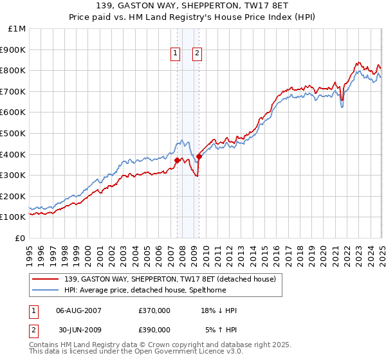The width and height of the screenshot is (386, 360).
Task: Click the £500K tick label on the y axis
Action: click(x=13, y=133)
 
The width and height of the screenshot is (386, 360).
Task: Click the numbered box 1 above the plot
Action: click(x=175, y=54)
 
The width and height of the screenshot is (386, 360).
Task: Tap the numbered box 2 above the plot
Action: click(x=197, y=54)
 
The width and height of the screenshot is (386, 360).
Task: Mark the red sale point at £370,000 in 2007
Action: click(x=177, y=160)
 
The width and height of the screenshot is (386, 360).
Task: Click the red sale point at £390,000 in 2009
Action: click(x=199, y=156)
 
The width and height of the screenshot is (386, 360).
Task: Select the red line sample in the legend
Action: click(x=46, y=279)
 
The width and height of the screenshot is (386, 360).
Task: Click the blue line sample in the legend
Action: click(x=46, y=289)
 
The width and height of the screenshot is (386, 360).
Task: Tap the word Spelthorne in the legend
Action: click(x=257, y=289)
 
